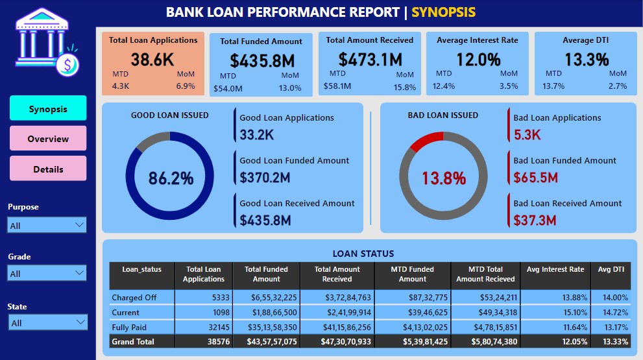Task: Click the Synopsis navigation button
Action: (x=48, y=108)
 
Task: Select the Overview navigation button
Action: (x=48, y=139)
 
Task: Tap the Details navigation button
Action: (x=48, y=169)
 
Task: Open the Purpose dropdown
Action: (x=47, y=225)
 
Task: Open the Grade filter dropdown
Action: (x=47, y=273)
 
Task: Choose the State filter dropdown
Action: (x=47, y=322)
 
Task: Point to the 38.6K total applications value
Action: (x=152, y=60)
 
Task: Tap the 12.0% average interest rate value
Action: (x=478, y=60)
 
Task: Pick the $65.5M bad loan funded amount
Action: (x=535, y=178)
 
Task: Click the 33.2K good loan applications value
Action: (x=258, y=135)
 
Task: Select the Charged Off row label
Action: (x=134, y=298)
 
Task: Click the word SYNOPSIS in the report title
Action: (x=443, y=12)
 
